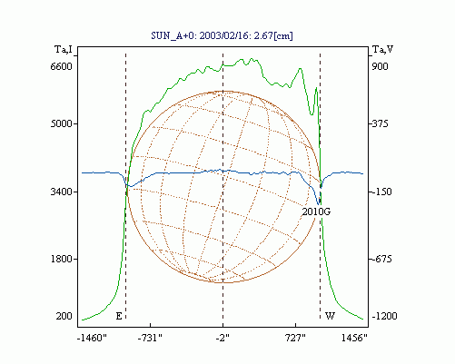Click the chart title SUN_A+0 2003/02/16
point(222,35)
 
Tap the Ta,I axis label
point(64,49)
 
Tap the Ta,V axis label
point(382,49)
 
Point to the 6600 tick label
point(62,66)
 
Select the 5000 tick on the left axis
point(62,123)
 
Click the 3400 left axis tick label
point(62,192)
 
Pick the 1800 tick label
point(62,259)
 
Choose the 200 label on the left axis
point(64,316)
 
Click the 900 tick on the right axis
point(380,66)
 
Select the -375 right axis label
point(380,123)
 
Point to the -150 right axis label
point(381,192)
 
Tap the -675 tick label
point(381,259)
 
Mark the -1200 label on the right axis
point(384,316)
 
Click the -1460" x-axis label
point(92,338)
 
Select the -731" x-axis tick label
point(150,338)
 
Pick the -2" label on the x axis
point(223,338)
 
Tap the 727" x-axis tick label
point(296,338)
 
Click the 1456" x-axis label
point(354,338)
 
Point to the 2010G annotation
point(316,212)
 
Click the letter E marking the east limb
point(119,316)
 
